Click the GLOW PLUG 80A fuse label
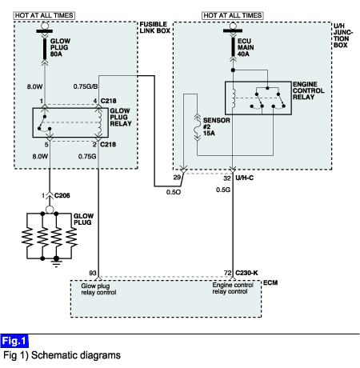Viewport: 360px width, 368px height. [x=60, y=47]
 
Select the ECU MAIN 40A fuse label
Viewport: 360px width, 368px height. [x=246, y=47]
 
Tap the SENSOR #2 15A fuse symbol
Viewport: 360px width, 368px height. [x=198, y=127]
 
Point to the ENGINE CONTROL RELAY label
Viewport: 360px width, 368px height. [x=309, y=90]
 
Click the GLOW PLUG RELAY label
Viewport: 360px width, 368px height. [x=121, y=117]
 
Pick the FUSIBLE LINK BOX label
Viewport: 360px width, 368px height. [x=155, y=27]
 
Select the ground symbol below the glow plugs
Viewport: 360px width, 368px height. [x=56, y=262]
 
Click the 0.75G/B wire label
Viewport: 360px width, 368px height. [x=86, y=86]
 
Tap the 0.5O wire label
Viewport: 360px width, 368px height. [x=174, y=192]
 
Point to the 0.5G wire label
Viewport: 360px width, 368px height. [x=223, y=190]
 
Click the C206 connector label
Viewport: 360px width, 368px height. [x=62, y=195]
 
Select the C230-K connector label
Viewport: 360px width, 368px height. [x=246, y=273]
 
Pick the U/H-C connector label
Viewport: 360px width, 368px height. [x=245, y=178]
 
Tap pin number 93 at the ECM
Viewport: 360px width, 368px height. [x=93, y=273]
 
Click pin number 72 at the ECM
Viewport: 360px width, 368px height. [x=227, y=273]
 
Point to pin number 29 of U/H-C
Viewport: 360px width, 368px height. [x=177, y=178]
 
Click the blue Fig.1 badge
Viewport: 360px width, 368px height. [x=14, y=341]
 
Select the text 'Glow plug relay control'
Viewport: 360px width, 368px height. [x=98, y=289]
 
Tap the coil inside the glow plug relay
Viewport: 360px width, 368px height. [x=100, y=122]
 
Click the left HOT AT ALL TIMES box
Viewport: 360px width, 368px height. [x=44, y=15]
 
